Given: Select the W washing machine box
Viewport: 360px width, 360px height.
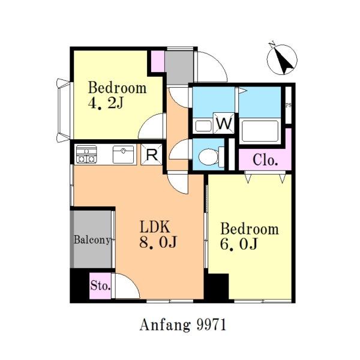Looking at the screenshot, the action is [224, 123].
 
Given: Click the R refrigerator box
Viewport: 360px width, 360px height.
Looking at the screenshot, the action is [152, 155].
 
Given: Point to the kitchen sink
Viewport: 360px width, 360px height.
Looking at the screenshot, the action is [123, 154].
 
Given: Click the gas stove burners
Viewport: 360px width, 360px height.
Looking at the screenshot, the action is [86, 154].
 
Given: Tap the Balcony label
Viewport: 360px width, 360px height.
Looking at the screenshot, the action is [92, 240].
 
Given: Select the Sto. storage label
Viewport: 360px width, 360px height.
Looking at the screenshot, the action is [100, 286].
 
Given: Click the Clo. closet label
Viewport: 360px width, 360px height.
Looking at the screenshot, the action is [265, 160].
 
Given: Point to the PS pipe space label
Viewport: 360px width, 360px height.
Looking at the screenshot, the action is [289, 106].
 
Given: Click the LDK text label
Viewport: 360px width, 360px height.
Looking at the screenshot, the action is [155, 227].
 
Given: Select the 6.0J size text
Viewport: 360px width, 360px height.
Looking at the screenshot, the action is [239, 244].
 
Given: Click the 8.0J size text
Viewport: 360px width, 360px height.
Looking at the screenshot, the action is [158, 242].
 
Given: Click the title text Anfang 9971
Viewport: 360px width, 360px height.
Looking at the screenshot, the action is [183, 325].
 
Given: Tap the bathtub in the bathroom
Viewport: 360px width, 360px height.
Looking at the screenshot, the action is [260, 131].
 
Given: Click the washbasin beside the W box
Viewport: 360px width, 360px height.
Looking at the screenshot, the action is [203, 126].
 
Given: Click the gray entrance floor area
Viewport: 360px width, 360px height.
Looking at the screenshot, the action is [180, 68].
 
